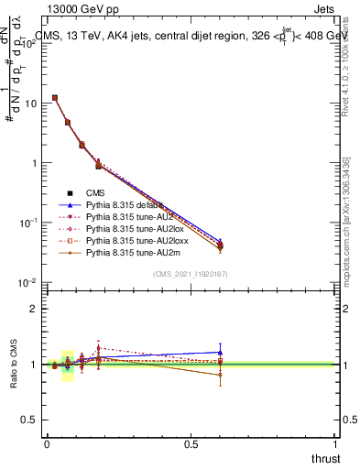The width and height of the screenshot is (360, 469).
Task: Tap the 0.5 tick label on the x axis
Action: click(191, 444)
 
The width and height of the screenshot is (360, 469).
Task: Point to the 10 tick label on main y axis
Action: click(30, 104)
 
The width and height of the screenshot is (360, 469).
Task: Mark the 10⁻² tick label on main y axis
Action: click(28, 282)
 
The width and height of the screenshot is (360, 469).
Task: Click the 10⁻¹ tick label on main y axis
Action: click(28, 223)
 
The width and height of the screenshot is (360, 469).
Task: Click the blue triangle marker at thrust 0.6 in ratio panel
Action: click(220, 352)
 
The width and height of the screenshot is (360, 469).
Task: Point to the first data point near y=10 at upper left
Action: click(55, 97)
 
